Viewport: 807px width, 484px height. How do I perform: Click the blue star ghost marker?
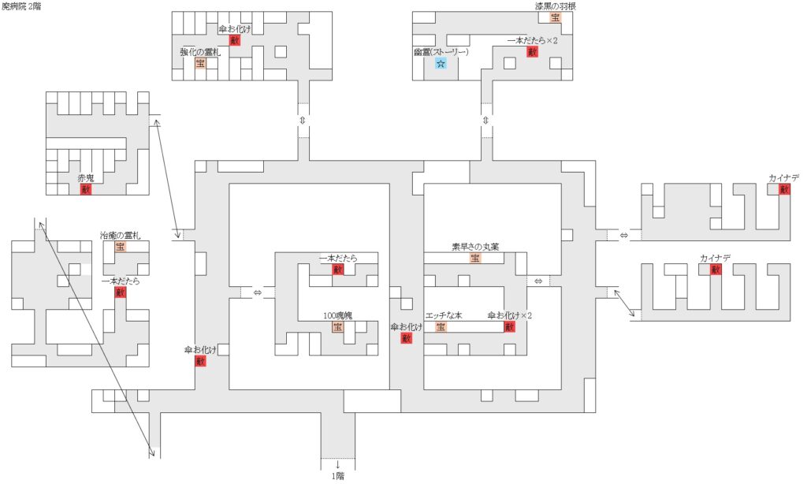[441, 63]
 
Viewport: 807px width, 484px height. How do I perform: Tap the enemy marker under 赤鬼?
[85, 189]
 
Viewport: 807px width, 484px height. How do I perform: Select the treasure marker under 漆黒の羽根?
[556, 17]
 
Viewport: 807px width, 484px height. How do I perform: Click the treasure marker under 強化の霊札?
[200, 63]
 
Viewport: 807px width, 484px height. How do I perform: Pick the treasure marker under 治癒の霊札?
[121, 246]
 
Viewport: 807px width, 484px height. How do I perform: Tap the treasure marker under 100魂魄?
[337, 326]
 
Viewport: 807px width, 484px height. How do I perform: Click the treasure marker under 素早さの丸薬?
[475, 258]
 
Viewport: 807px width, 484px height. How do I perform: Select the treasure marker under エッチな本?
[441, 326]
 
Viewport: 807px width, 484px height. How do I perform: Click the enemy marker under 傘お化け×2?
[509, 326]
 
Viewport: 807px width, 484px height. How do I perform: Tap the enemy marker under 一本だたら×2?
[532, 52]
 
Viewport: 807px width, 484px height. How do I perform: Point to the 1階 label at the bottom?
[337, 476]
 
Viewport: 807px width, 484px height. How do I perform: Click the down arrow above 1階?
[337, 464]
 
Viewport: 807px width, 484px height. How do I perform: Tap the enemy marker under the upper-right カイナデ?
[784, 189]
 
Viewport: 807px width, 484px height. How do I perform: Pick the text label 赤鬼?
[85, 179]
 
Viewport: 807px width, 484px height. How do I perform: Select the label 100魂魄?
[337, 315]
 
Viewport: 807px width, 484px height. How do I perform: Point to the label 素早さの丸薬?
[475, 247]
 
